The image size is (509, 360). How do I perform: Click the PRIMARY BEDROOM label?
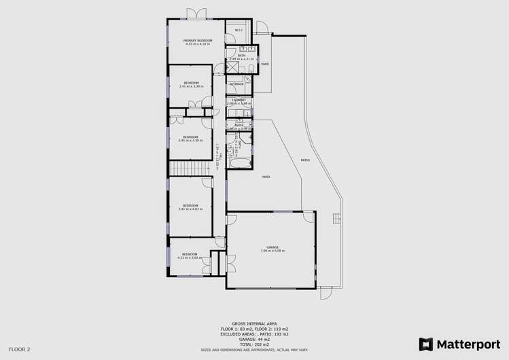[x=198, y=41]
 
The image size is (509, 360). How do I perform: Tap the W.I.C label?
[x=239, y=31]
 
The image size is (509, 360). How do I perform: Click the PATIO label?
[x=306, y=160]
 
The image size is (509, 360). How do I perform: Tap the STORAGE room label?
[x=236, y=84]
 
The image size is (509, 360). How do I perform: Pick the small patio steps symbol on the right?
[x=335, y=217]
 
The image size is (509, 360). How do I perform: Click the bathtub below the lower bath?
[x=239, y=164]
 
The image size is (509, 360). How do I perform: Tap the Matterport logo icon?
[x=426, y=344]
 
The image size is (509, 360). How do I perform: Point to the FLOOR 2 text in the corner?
[x=20, y=349]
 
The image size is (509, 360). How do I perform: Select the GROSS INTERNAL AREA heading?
[x=253, y=323]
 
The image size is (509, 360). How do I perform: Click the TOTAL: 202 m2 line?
[x=253, y=344]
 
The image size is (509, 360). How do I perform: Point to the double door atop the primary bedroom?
[x=198, y=14]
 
